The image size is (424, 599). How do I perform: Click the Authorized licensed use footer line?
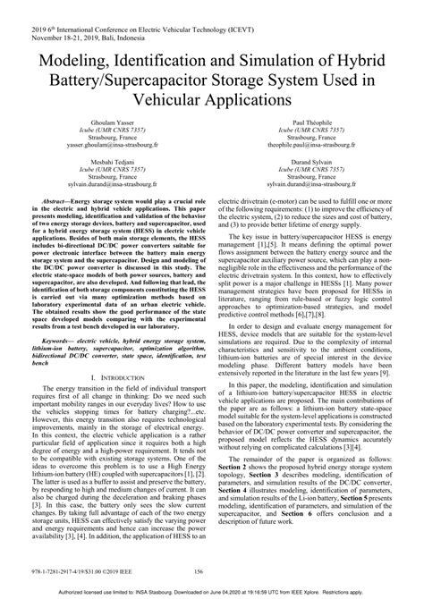tap(212, 593)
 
